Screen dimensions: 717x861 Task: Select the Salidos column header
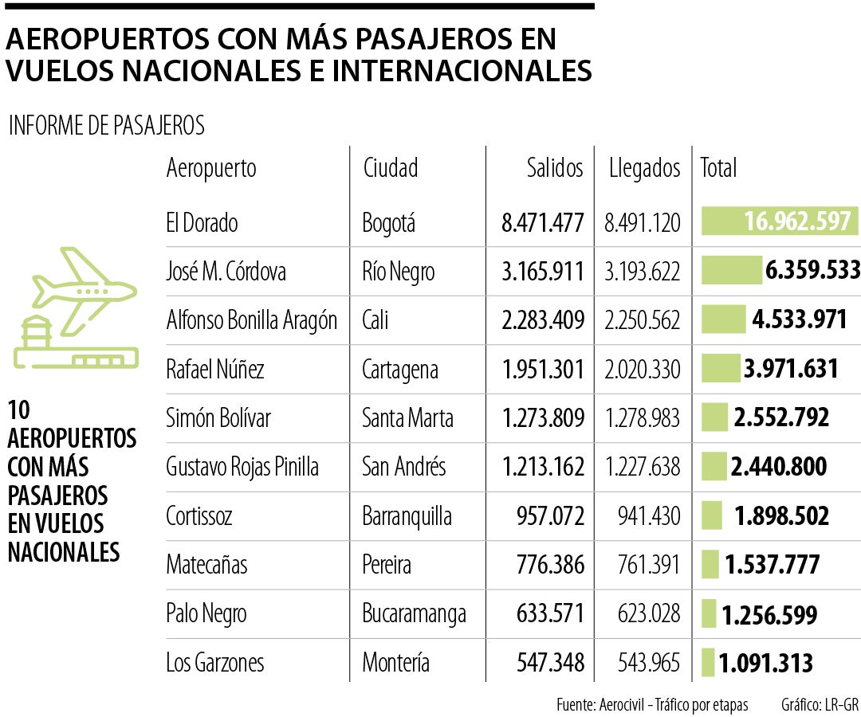click(x=555, y=168)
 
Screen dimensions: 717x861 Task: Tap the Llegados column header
click(x=644, y=168)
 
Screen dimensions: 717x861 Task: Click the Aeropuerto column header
click(x=211, y=168)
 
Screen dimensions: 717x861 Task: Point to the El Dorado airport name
click(x=202, y=223)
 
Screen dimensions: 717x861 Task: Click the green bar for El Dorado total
click(x=779, y=221)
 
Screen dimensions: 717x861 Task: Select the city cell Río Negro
click(x=399, y=272)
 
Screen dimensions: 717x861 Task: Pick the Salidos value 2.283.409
click(x=543, y=320)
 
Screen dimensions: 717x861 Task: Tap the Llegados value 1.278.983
click(x=643, y=418)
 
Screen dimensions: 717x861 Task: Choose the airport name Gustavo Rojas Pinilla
click(x=242, y=467)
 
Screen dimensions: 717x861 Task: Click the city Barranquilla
click(x=407, y=516)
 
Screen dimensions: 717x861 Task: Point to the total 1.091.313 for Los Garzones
click(x=765, y=663)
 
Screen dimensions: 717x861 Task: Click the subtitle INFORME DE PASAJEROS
click(x=106, y=126)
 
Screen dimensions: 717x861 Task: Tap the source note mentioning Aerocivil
click(x=652, y=705)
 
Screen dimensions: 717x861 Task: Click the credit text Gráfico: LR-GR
click(x=819, y=705)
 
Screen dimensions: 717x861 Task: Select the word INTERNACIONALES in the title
click(x=462, y=71)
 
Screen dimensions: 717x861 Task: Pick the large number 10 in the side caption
click(x=18, y=412)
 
